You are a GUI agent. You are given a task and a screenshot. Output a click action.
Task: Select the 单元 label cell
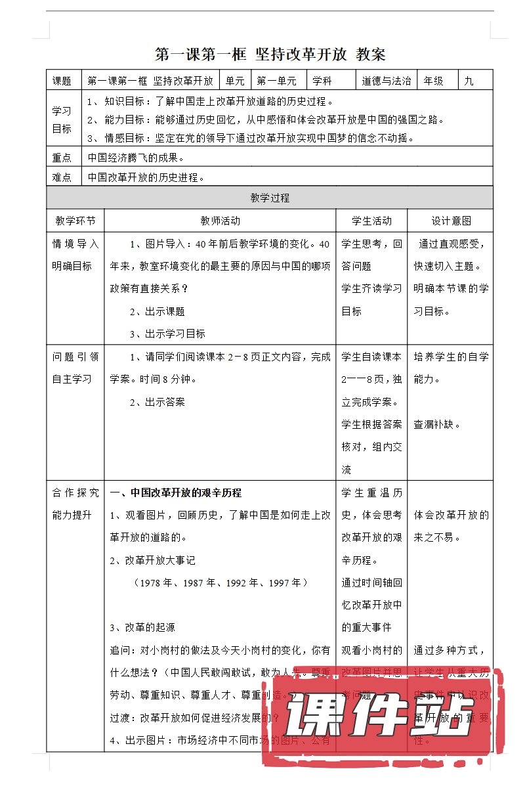235,81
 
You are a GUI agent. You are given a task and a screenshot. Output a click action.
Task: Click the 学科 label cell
322,81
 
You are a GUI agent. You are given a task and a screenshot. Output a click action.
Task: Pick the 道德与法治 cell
387,81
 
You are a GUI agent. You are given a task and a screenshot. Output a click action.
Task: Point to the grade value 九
469,81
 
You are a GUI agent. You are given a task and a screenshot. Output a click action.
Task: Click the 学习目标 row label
62,120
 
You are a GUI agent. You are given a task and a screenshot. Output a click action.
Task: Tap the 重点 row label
62,158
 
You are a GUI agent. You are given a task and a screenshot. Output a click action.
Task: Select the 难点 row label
62,177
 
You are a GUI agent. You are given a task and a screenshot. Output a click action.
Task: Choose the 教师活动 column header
220,221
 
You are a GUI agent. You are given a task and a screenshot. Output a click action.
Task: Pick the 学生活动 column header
371,221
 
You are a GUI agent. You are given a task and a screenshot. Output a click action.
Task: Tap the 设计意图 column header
451,221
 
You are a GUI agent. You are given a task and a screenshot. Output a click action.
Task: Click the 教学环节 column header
75,221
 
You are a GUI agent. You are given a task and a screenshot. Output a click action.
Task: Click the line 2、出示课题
157,311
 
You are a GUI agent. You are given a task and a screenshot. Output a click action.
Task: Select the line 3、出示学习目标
167,334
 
